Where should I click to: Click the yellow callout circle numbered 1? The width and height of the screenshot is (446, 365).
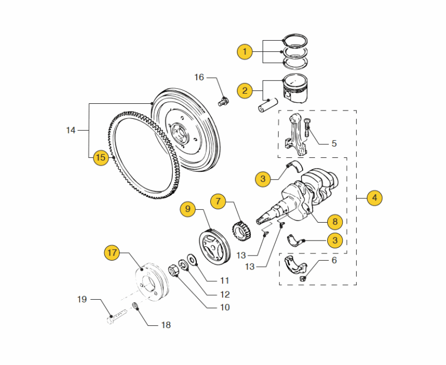click(x=245, y=52)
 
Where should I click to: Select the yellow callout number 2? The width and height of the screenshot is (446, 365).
click(x=245, y=90)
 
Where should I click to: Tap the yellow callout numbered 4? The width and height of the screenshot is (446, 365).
click(x=375, y=198)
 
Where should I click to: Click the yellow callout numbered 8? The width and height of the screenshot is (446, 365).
click(x=335, y=222)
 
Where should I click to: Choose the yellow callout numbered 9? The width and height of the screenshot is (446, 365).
click(x=188, y=209)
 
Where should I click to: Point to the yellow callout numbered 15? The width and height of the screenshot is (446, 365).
click(x=100, y=157)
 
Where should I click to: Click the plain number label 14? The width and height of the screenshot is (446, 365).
click(x=70, y=131)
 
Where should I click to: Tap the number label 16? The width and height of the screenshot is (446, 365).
click(x=199, y=77)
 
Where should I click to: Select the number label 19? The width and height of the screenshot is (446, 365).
click(x=82, y=300)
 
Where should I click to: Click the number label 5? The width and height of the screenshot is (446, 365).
click(x=334, y=143)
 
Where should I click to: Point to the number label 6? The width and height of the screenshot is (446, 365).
click(x=334, y=260)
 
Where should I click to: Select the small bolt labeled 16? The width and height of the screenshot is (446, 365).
click(x=222, y=102)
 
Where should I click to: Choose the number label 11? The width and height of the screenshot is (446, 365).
click(x=225, y=280)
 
